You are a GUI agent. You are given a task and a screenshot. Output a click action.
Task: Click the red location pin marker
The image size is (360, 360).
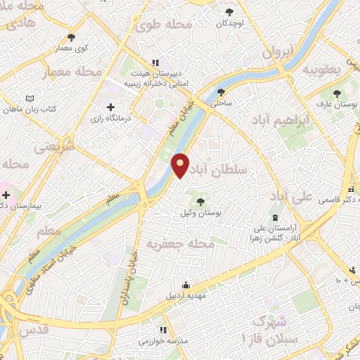click(181, 165)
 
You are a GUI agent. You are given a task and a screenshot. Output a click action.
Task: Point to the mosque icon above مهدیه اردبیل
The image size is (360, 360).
click(186, 285)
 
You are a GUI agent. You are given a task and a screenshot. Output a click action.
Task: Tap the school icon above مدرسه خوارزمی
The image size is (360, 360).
click(163, 330)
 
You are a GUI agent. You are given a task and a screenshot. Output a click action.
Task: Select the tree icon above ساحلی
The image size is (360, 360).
click(221, 92)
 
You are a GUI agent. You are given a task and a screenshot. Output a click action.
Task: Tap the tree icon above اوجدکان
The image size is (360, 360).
click(230, 12)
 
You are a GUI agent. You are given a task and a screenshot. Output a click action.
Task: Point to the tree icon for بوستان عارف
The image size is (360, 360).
click(337, 94)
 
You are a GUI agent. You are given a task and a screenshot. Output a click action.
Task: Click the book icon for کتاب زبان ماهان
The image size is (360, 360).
click(29, 98)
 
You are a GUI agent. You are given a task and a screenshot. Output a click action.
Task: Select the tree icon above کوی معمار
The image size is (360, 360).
click(70, 37)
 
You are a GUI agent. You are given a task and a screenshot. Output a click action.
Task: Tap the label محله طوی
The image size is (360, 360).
click(164, 26)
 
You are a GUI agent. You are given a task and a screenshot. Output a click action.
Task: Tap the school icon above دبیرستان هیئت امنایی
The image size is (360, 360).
click(155, 63)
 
